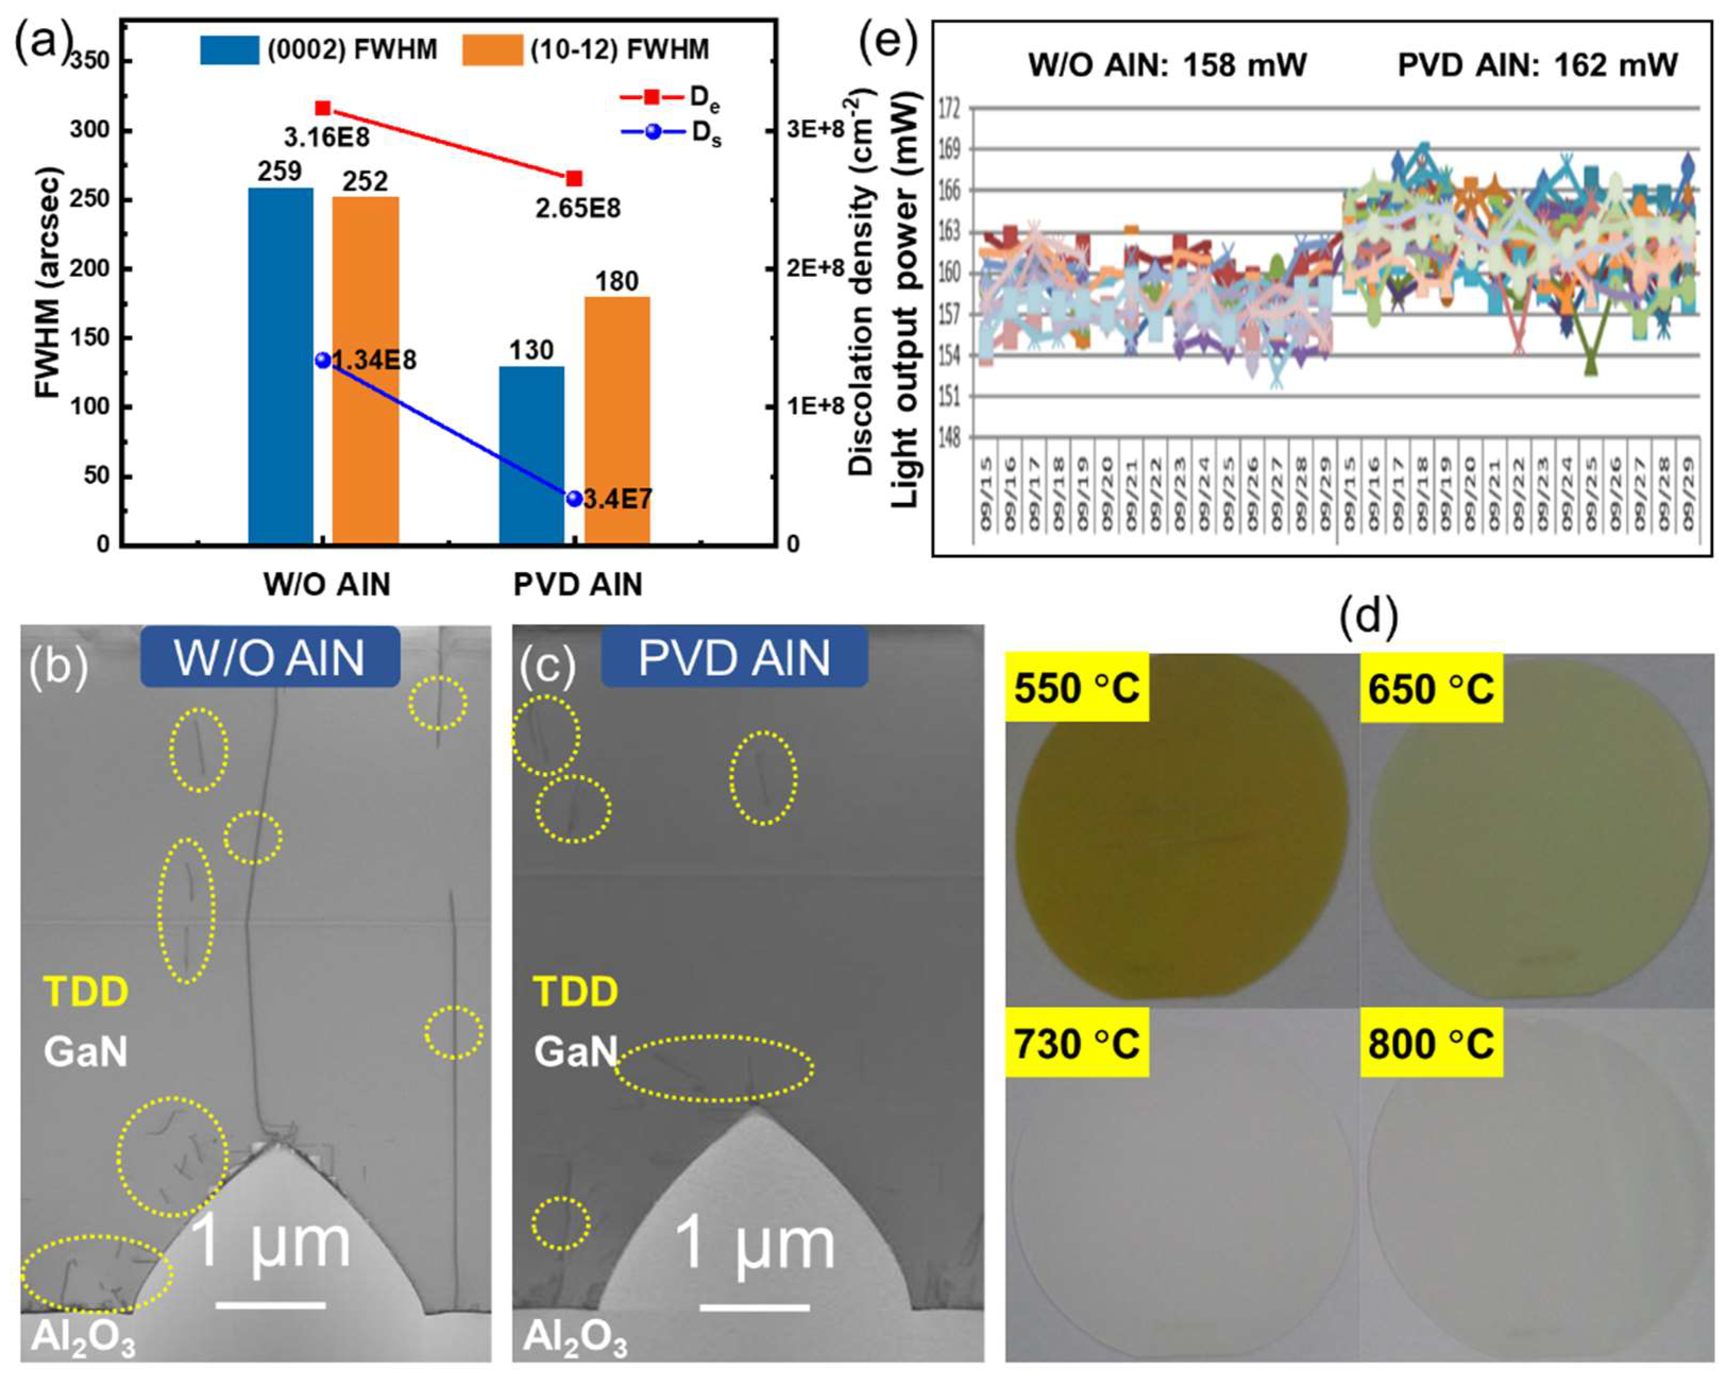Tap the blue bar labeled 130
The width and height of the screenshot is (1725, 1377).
pyautogui.click(x=531, y=455)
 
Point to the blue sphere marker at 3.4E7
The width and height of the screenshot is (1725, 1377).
pyautogui.click(x=574, y=498)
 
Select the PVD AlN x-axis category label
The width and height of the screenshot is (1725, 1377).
pyautogui.click(x=577, y=585)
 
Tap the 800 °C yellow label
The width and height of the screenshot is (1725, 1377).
pyautogui.click(x=1431, y=1044)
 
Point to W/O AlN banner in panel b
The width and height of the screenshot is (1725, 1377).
pyautogui.click(x=270, y=658)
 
